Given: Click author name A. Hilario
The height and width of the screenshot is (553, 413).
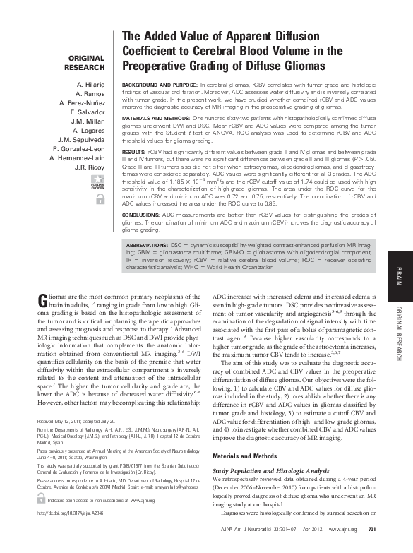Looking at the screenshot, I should click(91, 84).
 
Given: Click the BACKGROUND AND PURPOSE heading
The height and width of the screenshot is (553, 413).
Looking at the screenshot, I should click(160, 84).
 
